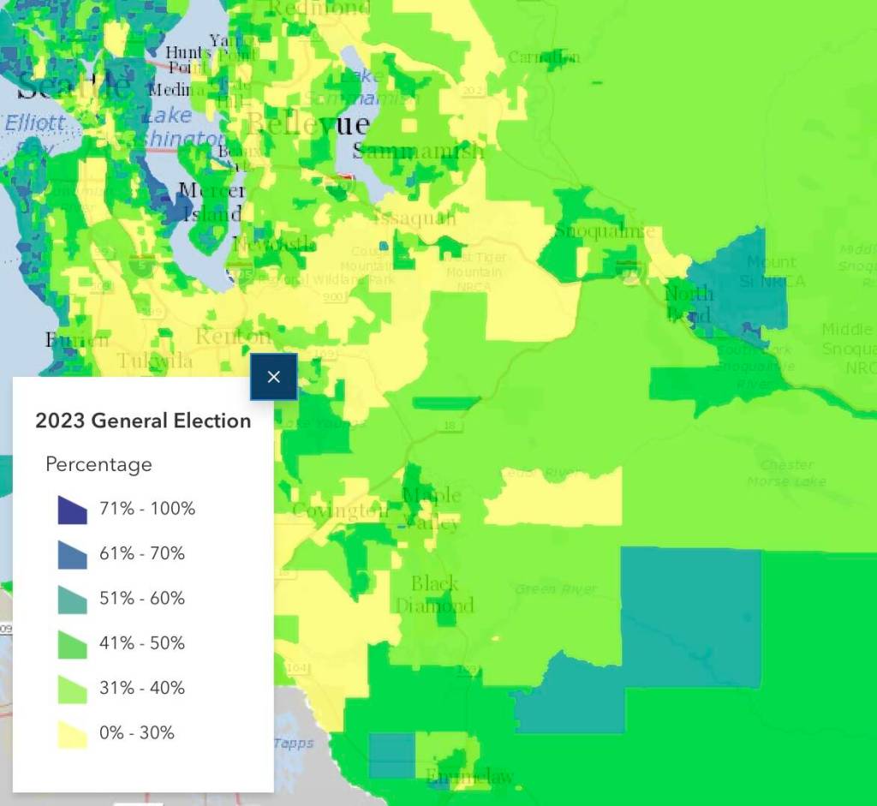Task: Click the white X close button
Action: pyautogui.click(x=273, y=377)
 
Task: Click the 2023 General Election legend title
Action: pyautogui.click(x=143, y=421)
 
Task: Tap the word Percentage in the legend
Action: pyautogui.click(x=98, y=464)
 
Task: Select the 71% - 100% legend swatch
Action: pyautogui.click(x=72, y=510)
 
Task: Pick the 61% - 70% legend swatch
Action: pyautogui.click(x=72, y=554)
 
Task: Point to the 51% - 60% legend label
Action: pyautogui.click(x=142, y=598)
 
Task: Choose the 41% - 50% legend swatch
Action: pyautogui.click(x=72, y=643)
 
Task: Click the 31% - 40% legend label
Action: pyautogui.click(x=142, y=688)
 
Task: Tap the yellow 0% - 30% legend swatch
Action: pyautogui.click(x=72, y=733)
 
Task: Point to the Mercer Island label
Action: pyautogui.click(x=212, y=202)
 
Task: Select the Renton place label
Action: pyautogui.click(x=233, y=336)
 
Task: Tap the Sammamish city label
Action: pyautogui.click(x=419, y=152)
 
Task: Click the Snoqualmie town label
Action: pyautogui.click(x=605, y=231)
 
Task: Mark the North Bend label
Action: pyautogui.click(x=689, y=304)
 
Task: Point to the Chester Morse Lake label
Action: pyautogui.click(x=786, y=473)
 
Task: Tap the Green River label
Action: pyautogui.click(x=556, y=589)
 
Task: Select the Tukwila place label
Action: pyautogui.click(x=155, y=361)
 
